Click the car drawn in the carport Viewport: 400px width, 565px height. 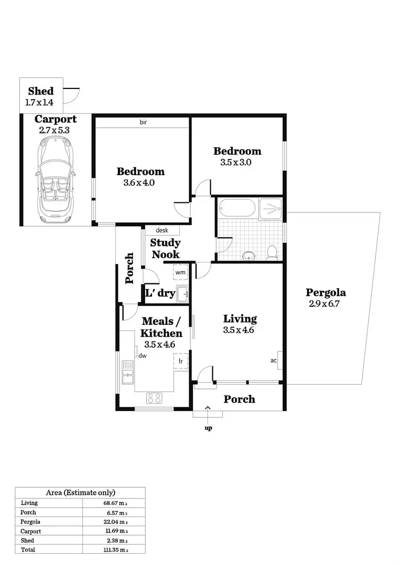coord(55,182)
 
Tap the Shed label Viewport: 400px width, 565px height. coord(41,91)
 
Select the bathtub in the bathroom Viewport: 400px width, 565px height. coord(237,209)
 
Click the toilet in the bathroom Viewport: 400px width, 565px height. coord(272,252)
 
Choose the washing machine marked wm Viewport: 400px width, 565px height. coord(180,272)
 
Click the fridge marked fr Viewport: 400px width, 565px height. coord(180,361)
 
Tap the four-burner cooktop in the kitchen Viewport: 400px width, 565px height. coord(154,397)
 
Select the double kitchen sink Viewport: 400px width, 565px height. coord(127,372)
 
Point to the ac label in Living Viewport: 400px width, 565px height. coord(274,361)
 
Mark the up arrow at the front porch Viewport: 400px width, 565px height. coord(208,408)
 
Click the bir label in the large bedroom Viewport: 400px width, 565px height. coord(143,122)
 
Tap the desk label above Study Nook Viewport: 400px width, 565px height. coord(162,231)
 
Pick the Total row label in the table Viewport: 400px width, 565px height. coord(28,549)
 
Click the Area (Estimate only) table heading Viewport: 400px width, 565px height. coord(80,493)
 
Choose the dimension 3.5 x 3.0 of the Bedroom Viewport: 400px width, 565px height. coord(236,163)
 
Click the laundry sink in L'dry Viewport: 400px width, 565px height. coord(184,292)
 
